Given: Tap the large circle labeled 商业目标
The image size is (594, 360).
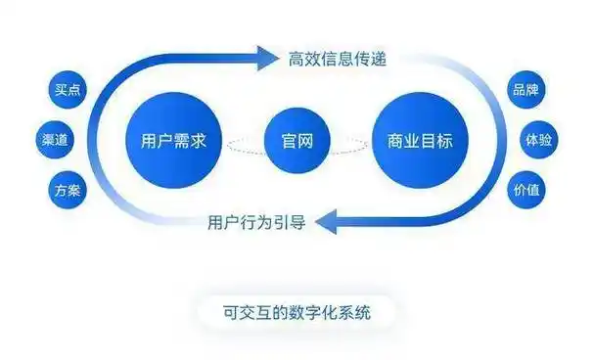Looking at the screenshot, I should [421, 140].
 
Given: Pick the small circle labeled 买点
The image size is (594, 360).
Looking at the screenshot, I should [68, 91].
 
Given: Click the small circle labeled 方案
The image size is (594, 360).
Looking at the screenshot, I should [68, 189].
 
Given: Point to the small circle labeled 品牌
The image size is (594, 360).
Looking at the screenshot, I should [525, 91].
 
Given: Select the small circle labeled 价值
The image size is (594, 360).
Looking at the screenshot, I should [525, 189].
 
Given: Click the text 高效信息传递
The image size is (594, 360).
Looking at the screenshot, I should [338, 59].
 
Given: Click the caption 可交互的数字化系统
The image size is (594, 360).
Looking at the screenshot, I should [296, 312].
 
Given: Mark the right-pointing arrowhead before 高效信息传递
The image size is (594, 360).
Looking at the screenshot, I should [267, 59].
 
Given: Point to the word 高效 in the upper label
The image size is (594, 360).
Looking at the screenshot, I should [304, 59].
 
